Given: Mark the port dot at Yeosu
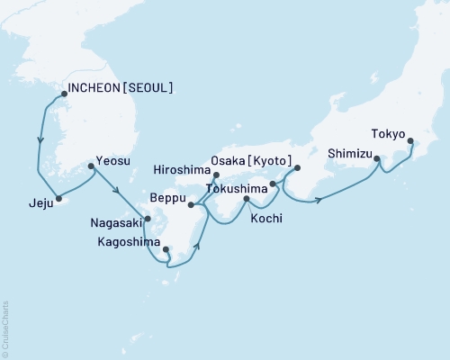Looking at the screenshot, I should point(91,166).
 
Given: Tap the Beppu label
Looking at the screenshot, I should point(167,196).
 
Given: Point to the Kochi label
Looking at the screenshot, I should point(265,217).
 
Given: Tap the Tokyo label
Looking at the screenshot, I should point(387,130).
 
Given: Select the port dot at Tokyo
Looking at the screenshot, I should point(411,141).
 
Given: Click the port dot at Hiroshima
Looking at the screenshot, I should point(215,177).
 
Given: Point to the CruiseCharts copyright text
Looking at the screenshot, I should point(5,328).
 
